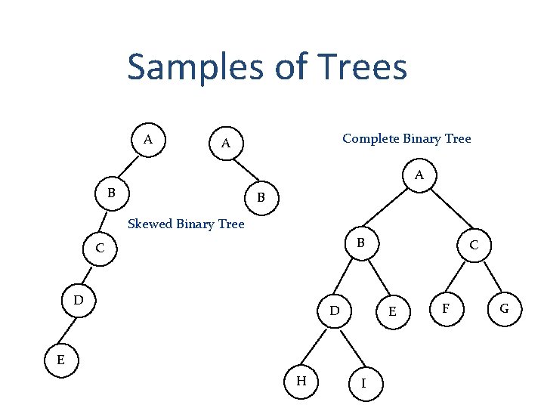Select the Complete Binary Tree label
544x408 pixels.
406,138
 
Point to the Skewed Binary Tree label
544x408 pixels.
187,224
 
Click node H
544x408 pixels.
301,381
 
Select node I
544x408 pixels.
364,383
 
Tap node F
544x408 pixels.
447,309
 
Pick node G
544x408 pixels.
504,309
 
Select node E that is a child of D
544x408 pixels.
60,360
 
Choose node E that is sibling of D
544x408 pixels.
392,311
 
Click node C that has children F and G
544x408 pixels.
474,246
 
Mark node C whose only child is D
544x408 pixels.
99,248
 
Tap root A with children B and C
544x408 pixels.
419,176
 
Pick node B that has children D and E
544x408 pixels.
361,243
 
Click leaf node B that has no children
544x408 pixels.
261,199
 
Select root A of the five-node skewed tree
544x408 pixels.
148,139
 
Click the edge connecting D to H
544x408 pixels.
317,346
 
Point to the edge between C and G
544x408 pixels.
490,277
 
